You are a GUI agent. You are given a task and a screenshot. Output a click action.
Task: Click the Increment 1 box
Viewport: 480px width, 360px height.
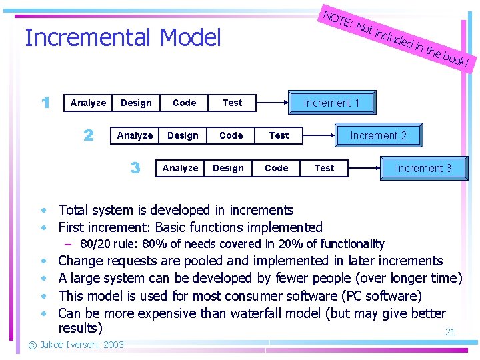[331, 103]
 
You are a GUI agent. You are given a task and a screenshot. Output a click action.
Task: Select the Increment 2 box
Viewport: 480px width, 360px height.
[378, 135]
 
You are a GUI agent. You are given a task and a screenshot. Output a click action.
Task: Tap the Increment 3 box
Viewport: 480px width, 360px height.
[423, 168]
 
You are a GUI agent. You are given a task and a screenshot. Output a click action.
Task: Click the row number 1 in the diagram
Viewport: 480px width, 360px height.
[45, 103]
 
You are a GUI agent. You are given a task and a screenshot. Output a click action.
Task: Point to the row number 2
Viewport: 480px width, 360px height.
[89, 135]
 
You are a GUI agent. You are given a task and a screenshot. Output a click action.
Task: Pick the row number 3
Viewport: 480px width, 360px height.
[135, 168]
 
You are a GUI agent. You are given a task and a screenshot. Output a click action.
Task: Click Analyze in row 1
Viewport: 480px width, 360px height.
[88, 103]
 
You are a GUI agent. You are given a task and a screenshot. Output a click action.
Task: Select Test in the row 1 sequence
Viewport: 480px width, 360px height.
[232, 103]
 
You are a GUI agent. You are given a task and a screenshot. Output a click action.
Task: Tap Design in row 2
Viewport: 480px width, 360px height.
[183, 135]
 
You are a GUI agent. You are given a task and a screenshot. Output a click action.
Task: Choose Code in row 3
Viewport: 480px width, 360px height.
[276, 168]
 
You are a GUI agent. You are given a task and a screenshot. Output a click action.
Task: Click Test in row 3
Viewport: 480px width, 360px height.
[324, 168]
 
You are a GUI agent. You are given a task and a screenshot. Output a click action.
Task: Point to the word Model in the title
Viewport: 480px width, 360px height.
[190, 38]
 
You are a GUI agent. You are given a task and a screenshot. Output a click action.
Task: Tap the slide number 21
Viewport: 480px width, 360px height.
[450, 332]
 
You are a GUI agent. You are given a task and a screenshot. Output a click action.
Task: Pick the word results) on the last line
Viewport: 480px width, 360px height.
[80, 328]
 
